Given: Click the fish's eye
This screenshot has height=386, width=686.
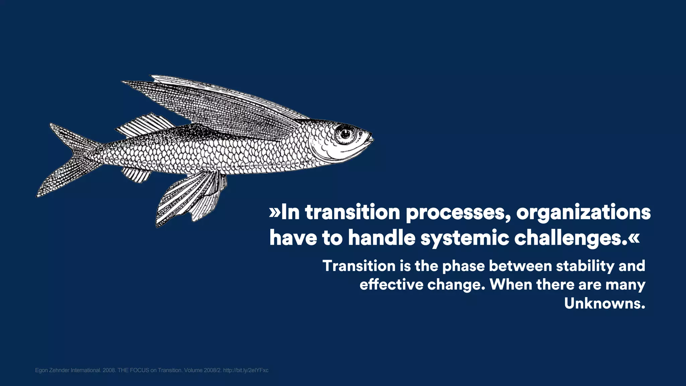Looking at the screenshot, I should click(x=345, y=134).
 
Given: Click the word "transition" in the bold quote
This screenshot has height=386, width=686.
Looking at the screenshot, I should click(x=352, y=212).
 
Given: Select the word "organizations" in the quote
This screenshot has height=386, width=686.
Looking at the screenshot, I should click(x=583, y=212).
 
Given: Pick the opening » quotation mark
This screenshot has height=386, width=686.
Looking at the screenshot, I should click(x=274, y=212).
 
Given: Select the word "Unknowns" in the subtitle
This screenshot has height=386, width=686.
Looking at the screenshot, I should click(x=604, y=303).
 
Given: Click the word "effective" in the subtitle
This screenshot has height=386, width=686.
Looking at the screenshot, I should click(x=391, y=285).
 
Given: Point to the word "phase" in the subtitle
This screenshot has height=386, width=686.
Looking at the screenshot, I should click(x=463, y=266).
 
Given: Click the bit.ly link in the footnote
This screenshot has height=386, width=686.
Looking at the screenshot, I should click(x=246, y=370).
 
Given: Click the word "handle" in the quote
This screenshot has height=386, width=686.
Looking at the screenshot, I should click(x=382, y=238).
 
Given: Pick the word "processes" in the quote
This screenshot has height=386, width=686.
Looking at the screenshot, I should click(x=458, y=212).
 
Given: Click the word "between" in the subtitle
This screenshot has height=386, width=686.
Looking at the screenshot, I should click(x=520, y=266).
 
